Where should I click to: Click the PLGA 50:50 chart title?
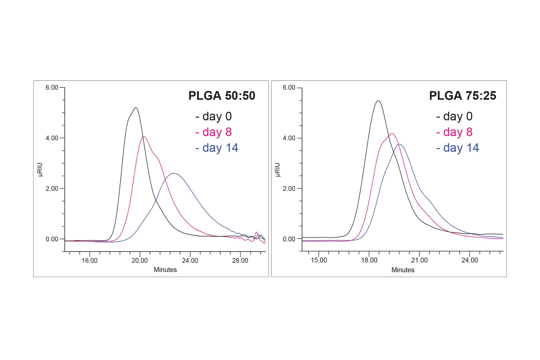222,96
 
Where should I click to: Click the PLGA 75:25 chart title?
463,96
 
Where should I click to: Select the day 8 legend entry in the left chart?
214,132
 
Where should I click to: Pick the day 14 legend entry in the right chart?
458,148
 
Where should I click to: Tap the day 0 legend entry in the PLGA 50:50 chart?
214,116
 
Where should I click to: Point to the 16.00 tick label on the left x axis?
90,261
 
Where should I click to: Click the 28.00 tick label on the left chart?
240,261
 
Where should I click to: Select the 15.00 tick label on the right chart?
319,260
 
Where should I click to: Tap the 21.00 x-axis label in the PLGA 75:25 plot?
419,260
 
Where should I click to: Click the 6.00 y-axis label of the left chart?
52,88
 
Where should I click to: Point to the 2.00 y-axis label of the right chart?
289,189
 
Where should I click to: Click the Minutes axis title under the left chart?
165,270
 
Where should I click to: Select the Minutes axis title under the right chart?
403,270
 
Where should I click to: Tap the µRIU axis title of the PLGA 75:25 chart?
278,170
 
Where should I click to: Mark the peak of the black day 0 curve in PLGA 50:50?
136,108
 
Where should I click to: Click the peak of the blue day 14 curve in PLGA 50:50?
174,173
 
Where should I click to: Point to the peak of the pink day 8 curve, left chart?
144,137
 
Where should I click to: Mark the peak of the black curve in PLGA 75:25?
378,101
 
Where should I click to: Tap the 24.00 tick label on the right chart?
470,260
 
